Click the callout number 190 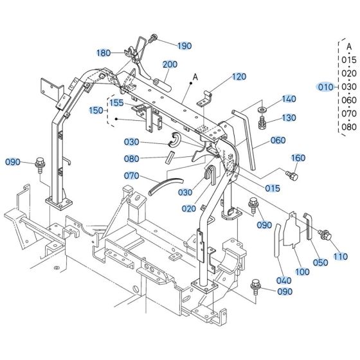184,46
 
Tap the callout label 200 170,64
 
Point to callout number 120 239,76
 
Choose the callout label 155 116,102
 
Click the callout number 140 289,99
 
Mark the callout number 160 299,158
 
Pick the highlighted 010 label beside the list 327,87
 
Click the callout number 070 132,175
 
